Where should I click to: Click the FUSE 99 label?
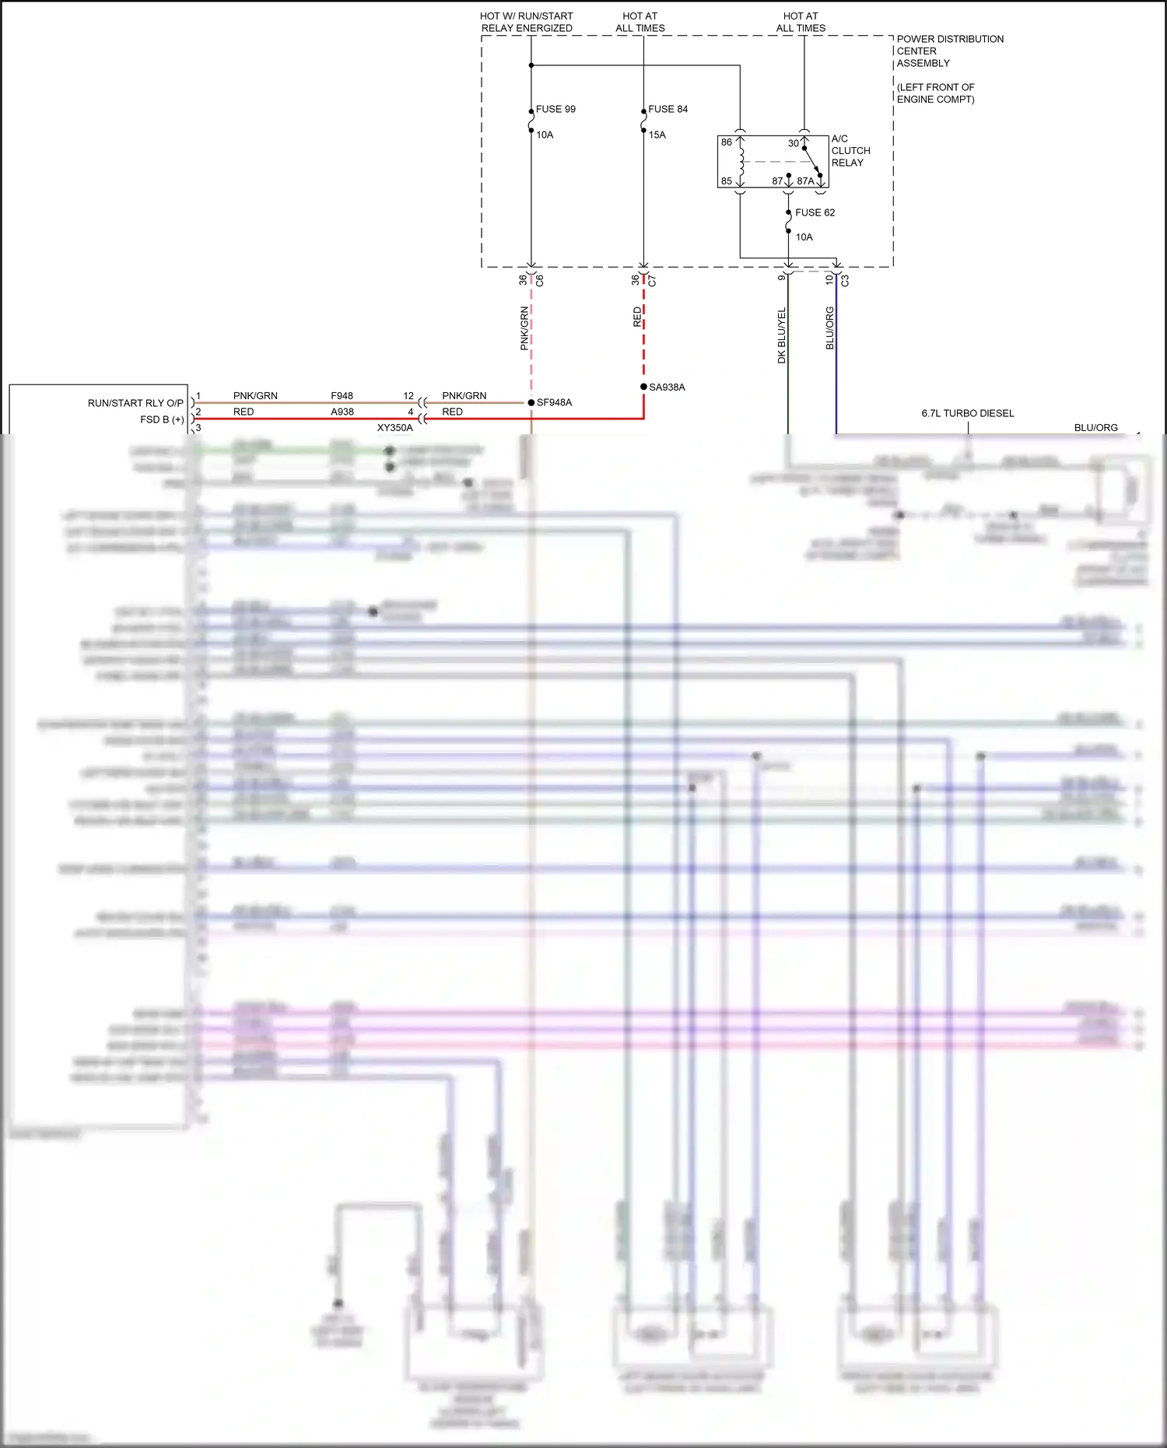click(x=555, y=109)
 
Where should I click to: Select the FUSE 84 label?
click(x=668, y=109)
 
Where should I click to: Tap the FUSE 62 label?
click(x=815, y=212)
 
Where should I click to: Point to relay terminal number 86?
click(x=726, y=142)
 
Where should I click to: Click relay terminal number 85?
click(x=726, y=181)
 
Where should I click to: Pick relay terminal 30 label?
click(x=793, y=143)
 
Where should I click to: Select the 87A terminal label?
click(x=805, y=181)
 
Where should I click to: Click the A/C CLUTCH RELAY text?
click(x=850, y=151)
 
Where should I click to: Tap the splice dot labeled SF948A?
click(x=531, y=402)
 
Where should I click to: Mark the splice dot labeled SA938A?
click(x=643, y=387)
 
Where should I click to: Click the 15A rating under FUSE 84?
click(x=657, y=135)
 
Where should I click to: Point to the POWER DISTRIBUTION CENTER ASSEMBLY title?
click(x=949, y=51)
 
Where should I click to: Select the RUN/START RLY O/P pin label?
click(x=135, y=403)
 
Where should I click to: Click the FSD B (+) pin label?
click(x=162, y=419)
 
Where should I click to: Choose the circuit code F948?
click(x=342, y=396)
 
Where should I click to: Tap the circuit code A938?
click(x=342, y=412)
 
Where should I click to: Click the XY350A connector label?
click(x=394, y=428)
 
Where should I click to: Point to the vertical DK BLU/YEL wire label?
click(x=782, y=335)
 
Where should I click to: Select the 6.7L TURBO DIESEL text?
click(x=967, y=413)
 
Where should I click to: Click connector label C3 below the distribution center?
click(x=846, y=279)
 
